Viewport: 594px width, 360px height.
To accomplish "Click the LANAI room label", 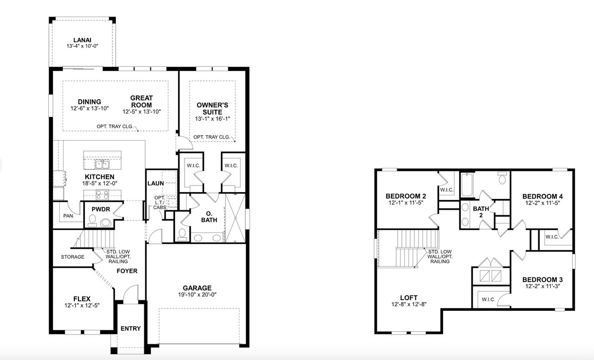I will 83,40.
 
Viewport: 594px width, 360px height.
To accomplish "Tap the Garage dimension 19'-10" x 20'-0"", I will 197,295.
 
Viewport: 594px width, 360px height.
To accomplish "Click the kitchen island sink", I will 102,164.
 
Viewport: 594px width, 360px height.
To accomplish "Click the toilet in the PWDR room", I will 105,223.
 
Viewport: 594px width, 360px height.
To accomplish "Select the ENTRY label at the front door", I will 130,328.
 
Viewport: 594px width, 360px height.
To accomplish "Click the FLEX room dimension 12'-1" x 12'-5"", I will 82,305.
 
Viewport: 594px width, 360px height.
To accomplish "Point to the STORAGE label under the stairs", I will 72,257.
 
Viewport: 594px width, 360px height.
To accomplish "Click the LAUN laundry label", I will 155,183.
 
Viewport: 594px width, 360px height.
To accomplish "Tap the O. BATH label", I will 209,217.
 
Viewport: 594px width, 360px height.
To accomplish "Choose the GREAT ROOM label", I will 141,101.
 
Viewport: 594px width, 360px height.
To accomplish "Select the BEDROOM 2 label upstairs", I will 406,196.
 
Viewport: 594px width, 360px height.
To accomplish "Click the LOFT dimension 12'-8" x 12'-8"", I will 409,304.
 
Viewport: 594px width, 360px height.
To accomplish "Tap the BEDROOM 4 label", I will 542,196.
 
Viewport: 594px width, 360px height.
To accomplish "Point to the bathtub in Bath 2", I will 466,185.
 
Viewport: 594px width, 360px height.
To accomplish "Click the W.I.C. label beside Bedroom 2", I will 446,190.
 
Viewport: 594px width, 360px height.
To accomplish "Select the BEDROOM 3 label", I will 542,280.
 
